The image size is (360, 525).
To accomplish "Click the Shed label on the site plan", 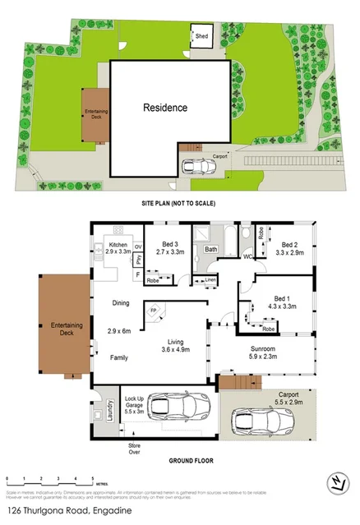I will click(201, 36).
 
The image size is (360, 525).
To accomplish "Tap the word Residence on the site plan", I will click(165, 108).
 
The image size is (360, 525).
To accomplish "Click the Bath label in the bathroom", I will click(210, 249).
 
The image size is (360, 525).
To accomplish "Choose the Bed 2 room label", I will click(289, 245).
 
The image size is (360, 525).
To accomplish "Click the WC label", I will click(247, 257).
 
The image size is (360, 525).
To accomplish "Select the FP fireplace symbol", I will click(152, 311).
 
